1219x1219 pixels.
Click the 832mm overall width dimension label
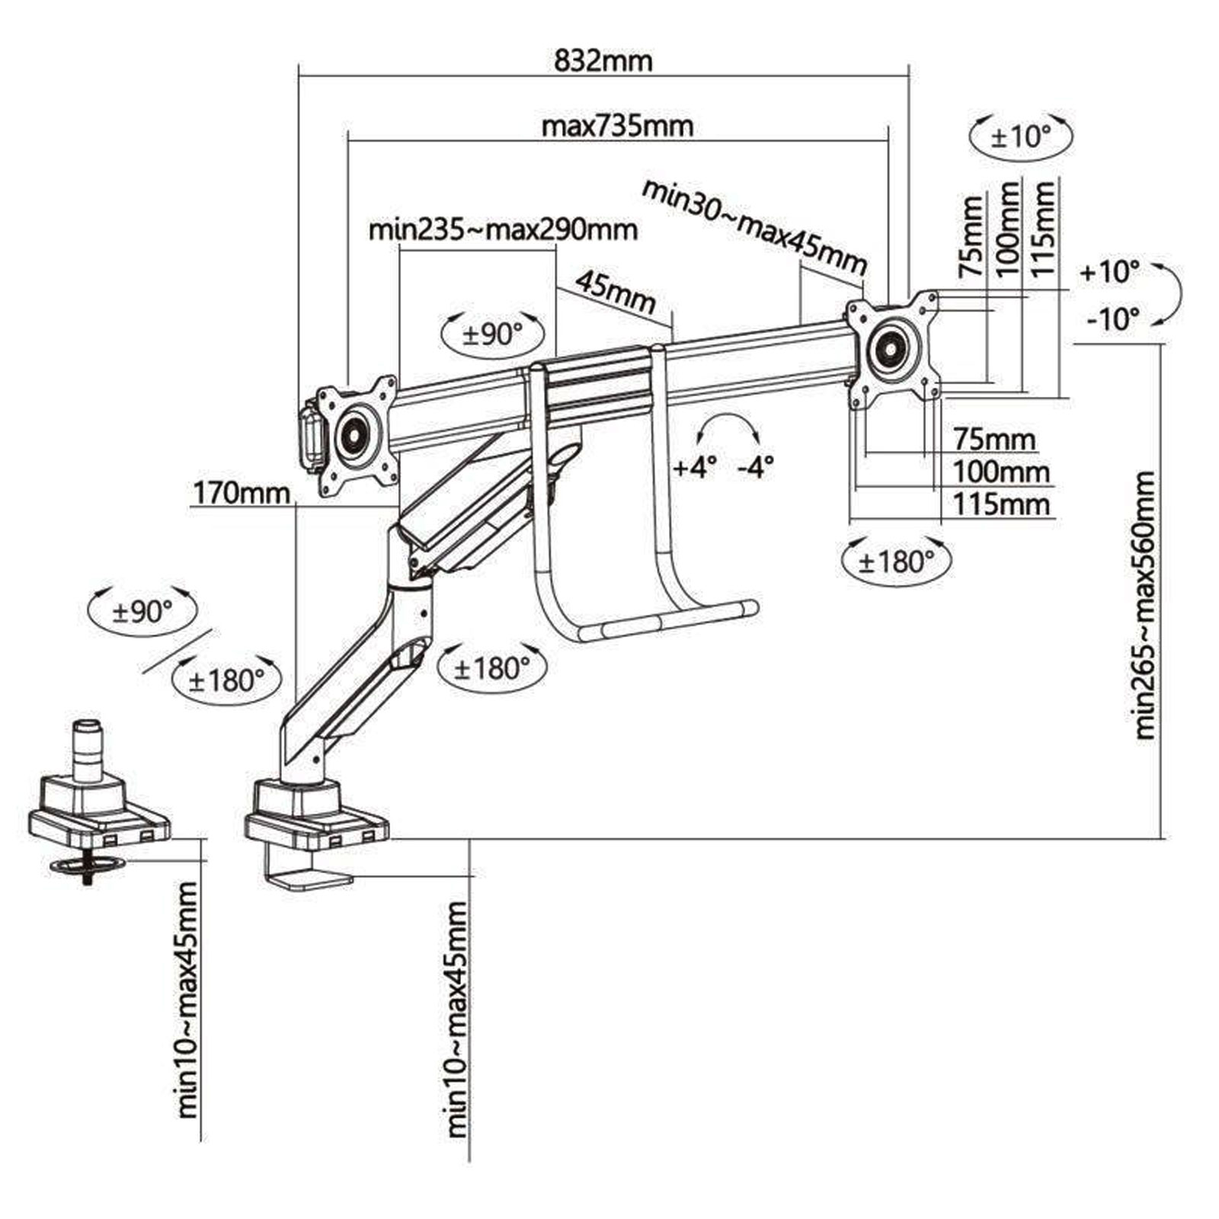[x=603, y=60]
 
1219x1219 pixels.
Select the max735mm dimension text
[x=617, y=126]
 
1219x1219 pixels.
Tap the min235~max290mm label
[x=503, y=229]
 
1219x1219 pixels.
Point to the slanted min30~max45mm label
[x=754, y=226]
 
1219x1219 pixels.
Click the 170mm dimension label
[x=242, y=493]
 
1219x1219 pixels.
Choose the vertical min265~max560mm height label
[x=1145, y=606]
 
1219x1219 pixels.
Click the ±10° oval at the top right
[x=1021, y=137]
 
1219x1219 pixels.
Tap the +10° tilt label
[x=1109, y=271]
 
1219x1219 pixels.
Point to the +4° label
[x=694, y=466]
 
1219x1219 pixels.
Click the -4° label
[x=755, y=466]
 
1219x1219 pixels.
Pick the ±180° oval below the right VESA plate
[x=897, y=562]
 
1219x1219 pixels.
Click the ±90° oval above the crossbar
[x=494, y=334]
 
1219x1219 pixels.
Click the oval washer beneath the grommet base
[x=87, y=865]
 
